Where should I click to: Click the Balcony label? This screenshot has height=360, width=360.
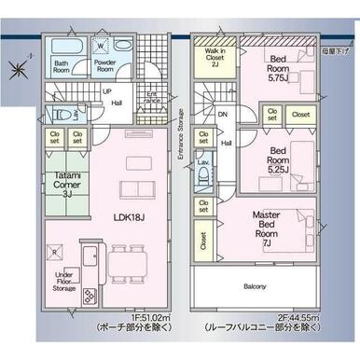[x=256, y=286]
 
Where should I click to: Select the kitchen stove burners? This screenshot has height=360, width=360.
[x=90, y=296]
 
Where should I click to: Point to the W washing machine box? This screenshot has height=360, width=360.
[x=101, y=43]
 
